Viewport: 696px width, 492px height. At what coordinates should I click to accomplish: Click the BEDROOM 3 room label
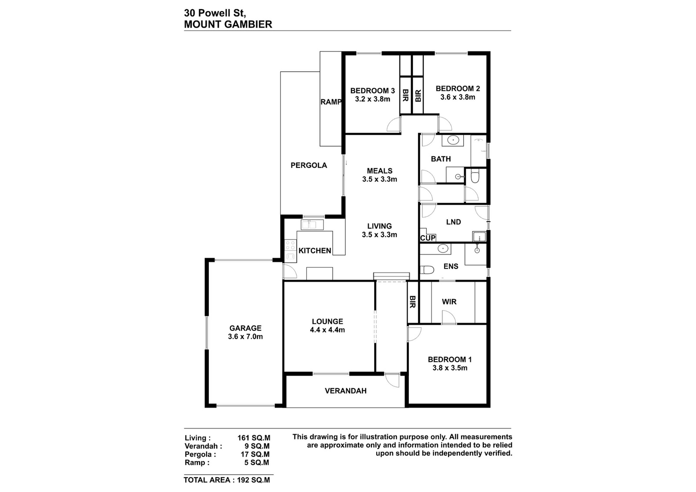pyautogui.click(x=372, y=91)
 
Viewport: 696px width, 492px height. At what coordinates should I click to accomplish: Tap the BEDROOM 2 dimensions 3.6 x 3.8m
pyautogui.click(x=458, y=97)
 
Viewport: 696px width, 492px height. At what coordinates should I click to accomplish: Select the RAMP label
pyautogui.click(x=331, y=102)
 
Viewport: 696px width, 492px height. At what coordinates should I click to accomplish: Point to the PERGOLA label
pyautogui.click(x=309, y=166)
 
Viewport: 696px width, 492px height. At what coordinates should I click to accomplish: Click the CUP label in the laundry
pyautogui.click(x=428, y=238)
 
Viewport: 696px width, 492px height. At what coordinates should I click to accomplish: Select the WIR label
pyautogui.click(x=449, y=302)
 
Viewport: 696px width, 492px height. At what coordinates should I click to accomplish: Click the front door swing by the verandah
pyautogui.click(x=392, y=380)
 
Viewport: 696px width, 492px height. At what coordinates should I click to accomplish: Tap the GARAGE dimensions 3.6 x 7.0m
pyautogui.click(x=245, y=337)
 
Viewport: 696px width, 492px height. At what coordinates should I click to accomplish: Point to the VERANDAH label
pyautogui.click(x=345, y=391)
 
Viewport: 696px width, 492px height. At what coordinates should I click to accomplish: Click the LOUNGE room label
pyautogui.click(x=328, y=322)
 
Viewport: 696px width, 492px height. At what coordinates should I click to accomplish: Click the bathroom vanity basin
pyautogui.click(x=453, y=140)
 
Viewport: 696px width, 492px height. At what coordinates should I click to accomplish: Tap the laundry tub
pyautogui.click(x=479, y=236)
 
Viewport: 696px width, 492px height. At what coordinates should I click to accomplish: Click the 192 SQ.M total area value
pyautogui.click(x=254, y=480)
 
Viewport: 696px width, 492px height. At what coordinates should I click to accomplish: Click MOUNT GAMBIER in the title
pyautogui.click(x=228, y=24)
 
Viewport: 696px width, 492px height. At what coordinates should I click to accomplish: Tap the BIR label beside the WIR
pyautogui.click(x=413, y=302)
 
